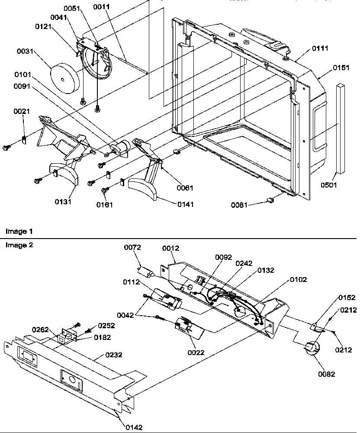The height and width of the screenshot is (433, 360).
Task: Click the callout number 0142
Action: (x=133, y=427)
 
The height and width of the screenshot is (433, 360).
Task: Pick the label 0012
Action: (x=170, y=248)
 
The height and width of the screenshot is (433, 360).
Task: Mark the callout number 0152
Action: (x=347, y=297)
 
